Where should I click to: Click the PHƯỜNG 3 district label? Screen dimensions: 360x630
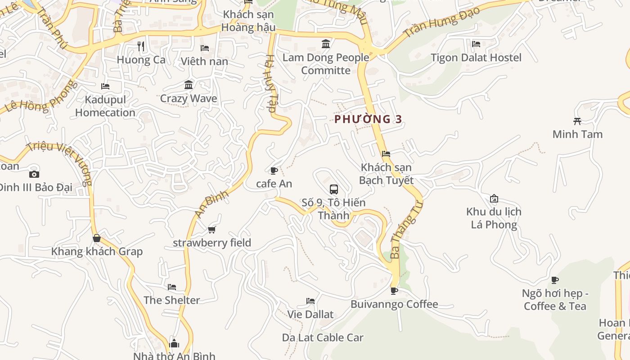[368, 119]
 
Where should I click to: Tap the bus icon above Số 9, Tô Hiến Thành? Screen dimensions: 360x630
[333, 189]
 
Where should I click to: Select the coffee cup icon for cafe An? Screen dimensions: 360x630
[274, 171]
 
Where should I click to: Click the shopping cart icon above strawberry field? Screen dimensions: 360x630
[211, 230]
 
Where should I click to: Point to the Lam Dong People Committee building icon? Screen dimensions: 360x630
[326, 44]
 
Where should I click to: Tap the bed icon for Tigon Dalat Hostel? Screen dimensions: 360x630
[476, 44]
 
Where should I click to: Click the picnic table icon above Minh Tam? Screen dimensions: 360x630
[577, 121]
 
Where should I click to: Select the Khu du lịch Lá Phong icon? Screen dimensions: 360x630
[494, 198]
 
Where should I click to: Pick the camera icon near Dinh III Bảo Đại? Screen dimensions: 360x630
[34, 174]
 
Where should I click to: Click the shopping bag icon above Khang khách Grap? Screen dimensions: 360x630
[96, 238]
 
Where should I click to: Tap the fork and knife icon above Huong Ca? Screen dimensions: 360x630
[141, 46]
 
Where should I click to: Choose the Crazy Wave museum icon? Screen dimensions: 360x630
[189, 85]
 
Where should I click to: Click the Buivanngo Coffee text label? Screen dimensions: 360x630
[394, 304]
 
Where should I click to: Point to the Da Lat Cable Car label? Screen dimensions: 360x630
[323, 337]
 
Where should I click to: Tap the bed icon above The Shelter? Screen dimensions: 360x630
[172, 287]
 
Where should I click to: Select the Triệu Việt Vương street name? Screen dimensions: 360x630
[60, 162]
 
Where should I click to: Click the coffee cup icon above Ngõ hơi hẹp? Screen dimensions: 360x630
[555, 280]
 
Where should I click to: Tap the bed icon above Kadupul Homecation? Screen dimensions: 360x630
[105, 86]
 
